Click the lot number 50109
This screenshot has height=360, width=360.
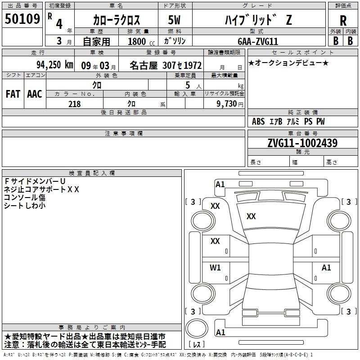[x=22, y=19]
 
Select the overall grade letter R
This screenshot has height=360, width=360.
[x=343, y=21]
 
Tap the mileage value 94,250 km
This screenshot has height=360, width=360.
[x=54, y=65]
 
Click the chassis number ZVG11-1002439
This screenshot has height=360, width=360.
[x=302, y=143]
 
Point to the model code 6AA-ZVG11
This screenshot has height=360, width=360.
[x=258, y=41]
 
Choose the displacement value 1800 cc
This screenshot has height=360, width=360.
[x=141, y=41]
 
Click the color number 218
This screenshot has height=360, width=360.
[x=74, y=104]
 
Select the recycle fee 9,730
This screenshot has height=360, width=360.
[x=227, y=104]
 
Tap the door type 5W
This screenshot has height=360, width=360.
[x=174, y=20]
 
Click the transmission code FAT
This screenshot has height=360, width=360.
[x=13, y=94]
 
